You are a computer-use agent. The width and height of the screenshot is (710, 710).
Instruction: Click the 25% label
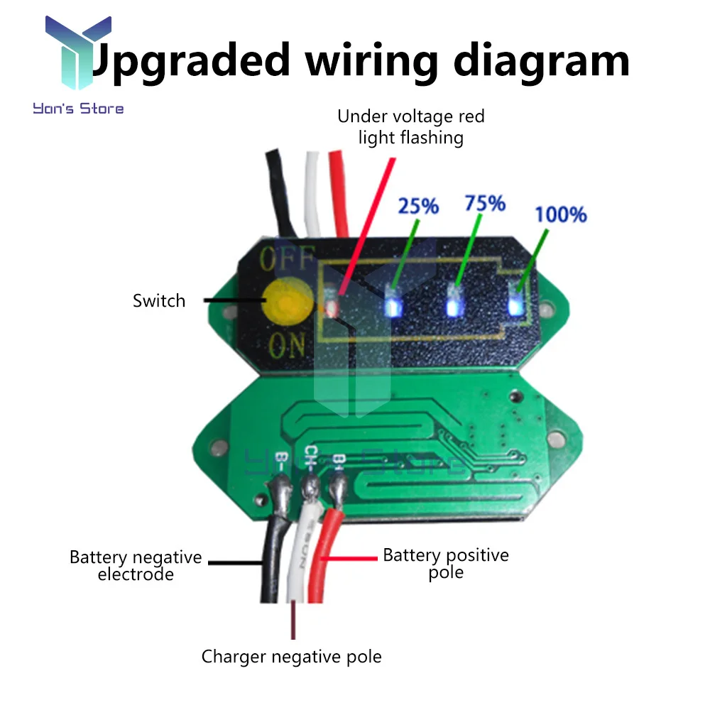tap(418, 206)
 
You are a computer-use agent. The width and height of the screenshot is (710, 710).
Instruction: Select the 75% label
tap(485, 203)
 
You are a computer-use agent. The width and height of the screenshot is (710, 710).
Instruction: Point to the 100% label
tap(560, 213)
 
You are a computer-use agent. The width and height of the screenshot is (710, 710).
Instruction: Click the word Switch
tap(159, 300)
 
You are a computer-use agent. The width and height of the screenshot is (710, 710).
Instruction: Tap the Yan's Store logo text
tap(78, 109)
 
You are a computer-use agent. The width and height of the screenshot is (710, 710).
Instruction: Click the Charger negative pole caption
tap(291, 656)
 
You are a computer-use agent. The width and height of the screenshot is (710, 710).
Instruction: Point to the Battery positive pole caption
tap(446, 563)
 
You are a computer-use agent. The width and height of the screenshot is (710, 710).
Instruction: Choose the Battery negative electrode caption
tap(136, 565)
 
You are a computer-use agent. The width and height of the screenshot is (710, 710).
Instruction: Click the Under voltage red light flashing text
tap(411, 126)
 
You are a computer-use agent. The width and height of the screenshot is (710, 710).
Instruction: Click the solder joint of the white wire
tap(310, 487)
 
